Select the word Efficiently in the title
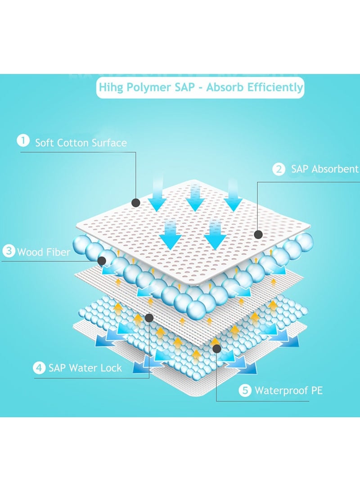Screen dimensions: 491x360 [276, 87]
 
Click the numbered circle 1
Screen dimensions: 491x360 [23, 141]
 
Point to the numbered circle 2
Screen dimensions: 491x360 [279, 169]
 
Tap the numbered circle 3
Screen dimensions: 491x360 [9, 251]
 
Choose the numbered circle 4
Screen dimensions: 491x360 [40, 368]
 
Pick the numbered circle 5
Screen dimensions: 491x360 [245, 390]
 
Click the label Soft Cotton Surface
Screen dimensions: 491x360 [81, 143]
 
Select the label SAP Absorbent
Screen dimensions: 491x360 [324, 169]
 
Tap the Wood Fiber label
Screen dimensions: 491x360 [44, 252]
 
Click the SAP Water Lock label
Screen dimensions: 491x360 [85, 368]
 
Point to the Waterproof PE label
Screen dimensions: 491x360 [288, 390]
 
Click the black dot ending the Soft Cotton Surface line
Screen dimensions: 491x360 [136, 203]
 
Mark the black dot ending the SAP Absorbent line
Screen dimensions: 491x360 [258, 234]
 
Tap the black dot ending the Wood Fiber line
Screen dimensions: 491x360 [102, 260]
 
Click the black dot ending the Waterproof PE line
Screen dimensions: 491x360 [216, 348]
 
